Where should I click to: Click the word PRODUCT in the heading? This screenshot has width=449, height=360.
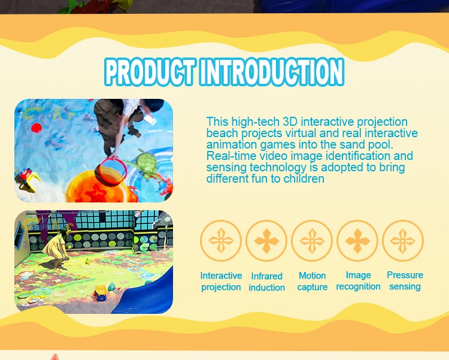tap(150, 72)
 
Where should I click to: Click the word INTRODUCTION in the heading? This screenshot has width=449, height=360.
tap(272, 72)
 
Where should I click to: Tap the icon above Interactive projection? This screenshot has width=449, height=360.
tap(221, 241)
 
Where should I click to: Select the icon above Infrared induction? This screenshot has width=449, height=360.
tap(266, 241)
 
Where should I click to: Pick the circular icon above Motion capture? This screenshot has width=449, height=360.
tap(312, 241)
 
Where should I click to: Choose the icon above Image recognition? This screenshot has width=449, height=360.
tap(357, 241)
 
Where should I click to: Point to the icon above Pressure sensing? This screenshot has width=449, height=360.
tap(403, 241)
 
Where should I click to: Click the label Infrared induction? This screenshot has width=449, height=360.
tap(266, 282)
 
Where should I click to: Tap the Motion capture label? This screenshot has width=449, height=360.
tap(312, 281)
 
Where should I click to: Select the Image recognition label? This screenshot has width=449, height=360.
tap(358, 280)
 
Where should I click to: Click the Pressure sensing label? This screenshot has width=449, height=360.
tap(405, 280)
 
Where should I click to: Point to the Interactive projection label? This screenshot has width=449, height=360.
tap(221, 281)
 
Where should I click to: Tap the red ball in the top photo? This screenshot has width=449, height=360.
tap(37, 128)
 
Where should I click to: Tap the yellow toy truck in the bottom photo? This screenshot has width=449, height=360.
tap(101, 293)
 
